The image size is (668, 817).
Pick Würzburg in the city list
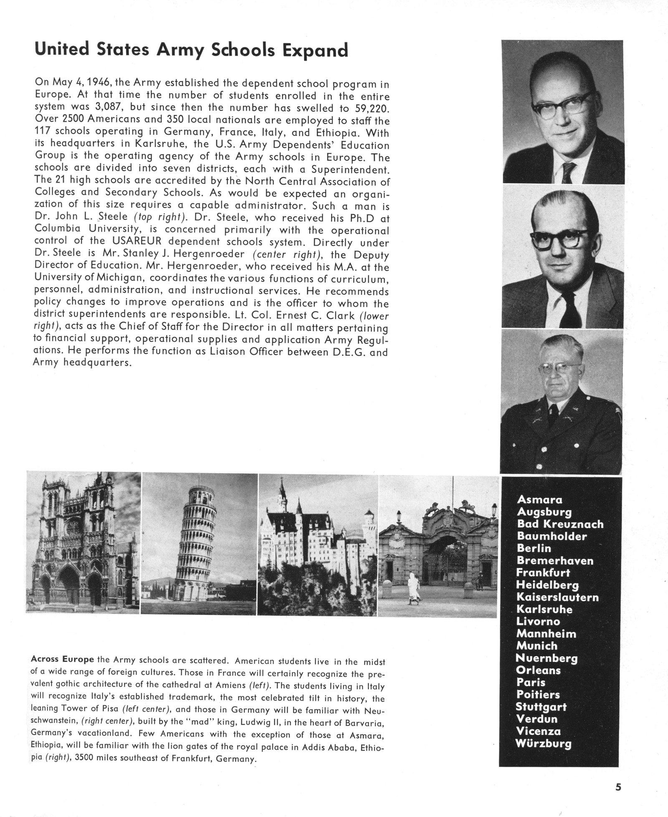tap(543, 743)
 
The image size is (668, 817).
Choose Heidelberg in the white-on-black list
tap(547, 585)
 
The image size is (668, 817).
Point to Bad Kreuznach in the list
tap(560, 524)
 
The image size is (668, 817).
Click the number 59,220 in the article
tap(369, 109)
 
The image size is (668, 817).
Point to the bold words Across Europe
tap(62, 659)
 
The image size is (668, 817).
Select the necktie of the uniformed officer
tap(553, 411)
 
